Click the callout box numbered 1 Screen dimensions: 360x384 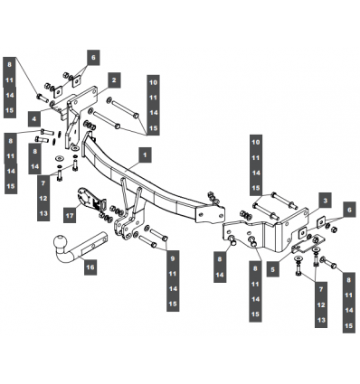145,155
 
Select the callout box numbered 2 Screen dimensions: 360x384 114,80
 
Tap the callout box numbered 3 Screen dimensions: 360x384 325,201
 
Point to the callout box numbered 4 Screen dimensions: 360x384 34,118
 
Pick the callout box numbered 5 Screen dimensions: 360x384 273,269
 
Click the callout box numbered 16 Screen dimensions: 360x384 90,267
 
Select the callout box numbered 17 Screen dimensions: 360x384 70,215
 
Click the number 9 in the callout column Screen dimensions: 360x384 173,258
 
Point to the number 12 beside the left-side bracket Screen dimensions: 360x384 43,198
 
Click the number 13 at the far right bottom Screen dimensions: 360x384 322,320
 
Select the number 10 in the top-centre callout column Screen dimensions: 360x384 154,82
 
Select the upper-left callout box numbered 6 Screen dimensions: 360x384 93,57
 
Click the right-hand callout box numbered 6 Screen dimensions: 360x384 349,210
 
